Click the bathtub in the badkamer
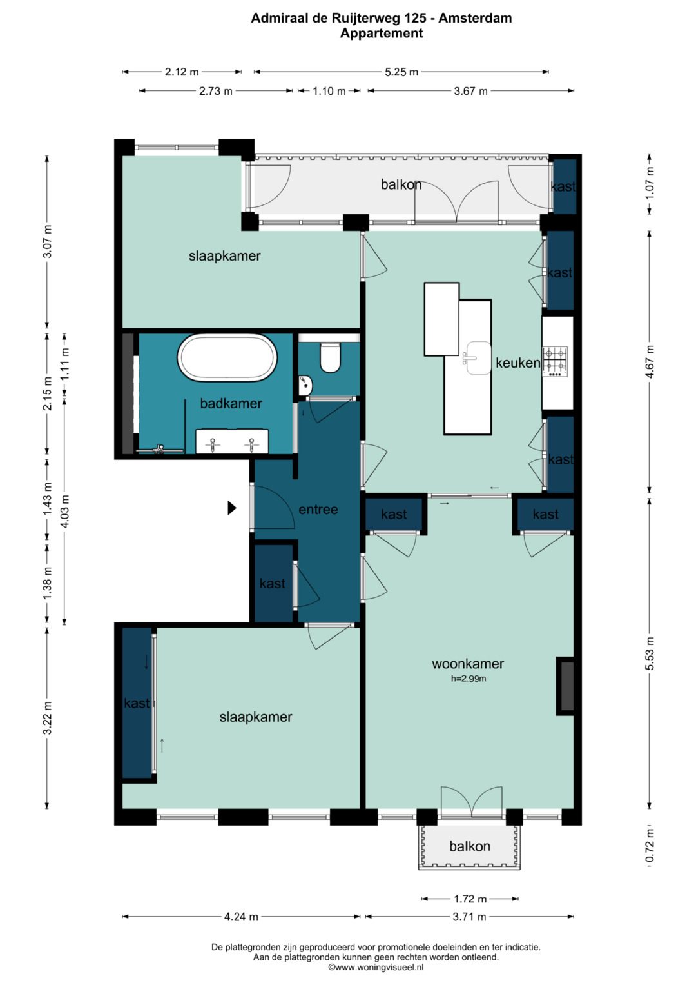(227, 358)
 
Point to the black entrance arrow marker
(232, 508)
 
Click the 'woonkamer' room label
(467, 664)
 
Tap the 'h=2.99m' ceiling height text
(469, 679)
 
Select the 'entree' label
(318, 509)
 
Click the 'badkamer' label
(231, 403)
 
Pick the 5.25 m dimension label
(401, 72)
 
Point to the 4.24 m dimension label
(241, 917)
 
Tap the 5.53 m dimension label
(650, 653)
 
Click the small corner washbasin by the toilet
(305, 385)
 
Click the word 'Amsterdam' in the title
(475, 18)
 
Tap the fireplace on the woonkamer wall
(566, 686)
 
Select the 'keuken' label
(517, 363)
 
